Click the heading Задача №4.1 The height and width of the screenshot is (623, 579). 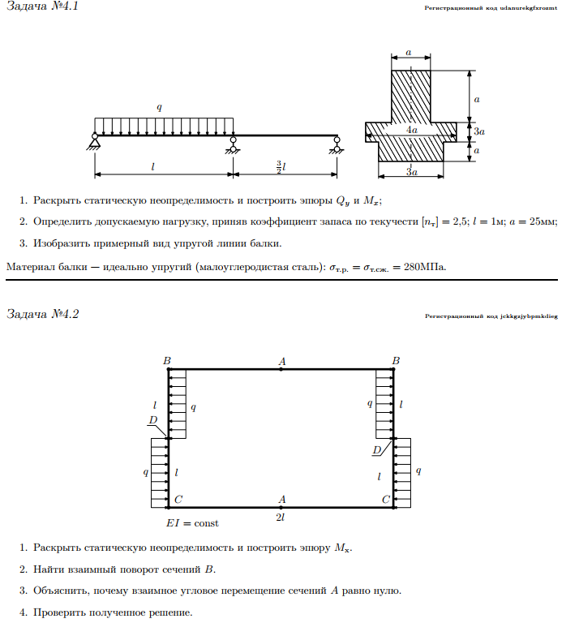(x=42, y=8)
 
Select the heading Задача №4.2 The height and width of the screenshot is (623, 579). (x=42, y=314)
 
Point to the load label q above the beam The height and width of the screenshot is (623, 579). (x=160, y=107)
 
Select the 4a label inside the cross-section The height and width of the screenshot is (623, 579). (x=412, y=130)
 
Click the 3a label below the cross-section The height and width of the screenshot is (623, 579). (x=411, y=172)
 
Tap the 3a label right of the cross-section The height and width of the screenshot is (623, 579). (x=479, y=131)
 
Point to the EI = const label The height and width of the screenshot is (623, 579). (x=192, y=523)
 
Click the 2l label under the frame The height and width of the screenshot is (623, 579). (x=280, y=517)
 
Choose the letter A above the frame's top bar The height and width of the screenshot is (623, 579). (x=281, y=361)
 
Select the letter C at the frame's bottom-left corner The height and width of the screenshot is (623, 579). (x=178, y=500)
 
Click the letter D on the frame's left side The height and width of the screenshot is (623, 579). (x=152, y=420)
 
